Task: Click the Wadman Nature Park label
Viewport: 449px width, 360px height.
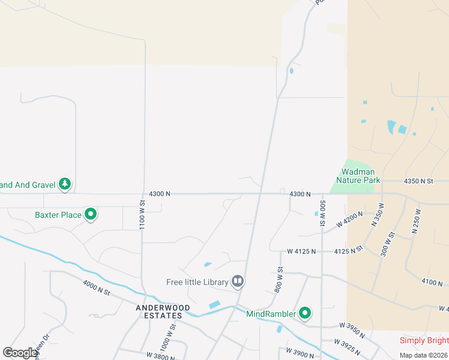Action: tap(358, 176)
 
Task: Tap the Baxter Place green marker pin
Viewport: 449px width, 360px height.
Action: tap(91, 214)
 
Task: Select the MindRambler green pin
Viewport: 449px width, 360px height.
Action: tap(305, 313)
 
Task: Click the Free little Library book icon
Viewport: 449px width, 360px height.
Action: tap(238, 281)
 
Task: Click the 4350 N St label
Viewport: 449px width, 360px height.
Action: tap(418, 181)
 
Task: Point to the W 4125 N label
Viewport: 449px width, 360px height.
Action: tap(301, 251)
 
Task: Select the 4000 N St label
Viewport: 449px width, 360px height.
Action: tap(97, 288)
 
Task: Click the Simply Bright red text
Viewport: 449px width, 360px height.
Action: tap(424, 341)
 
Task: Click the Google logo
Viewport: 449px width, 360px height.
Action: tap(20, 353)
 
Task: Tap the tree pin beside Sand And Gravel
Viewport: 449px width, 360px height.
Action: tap(64, 185)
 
